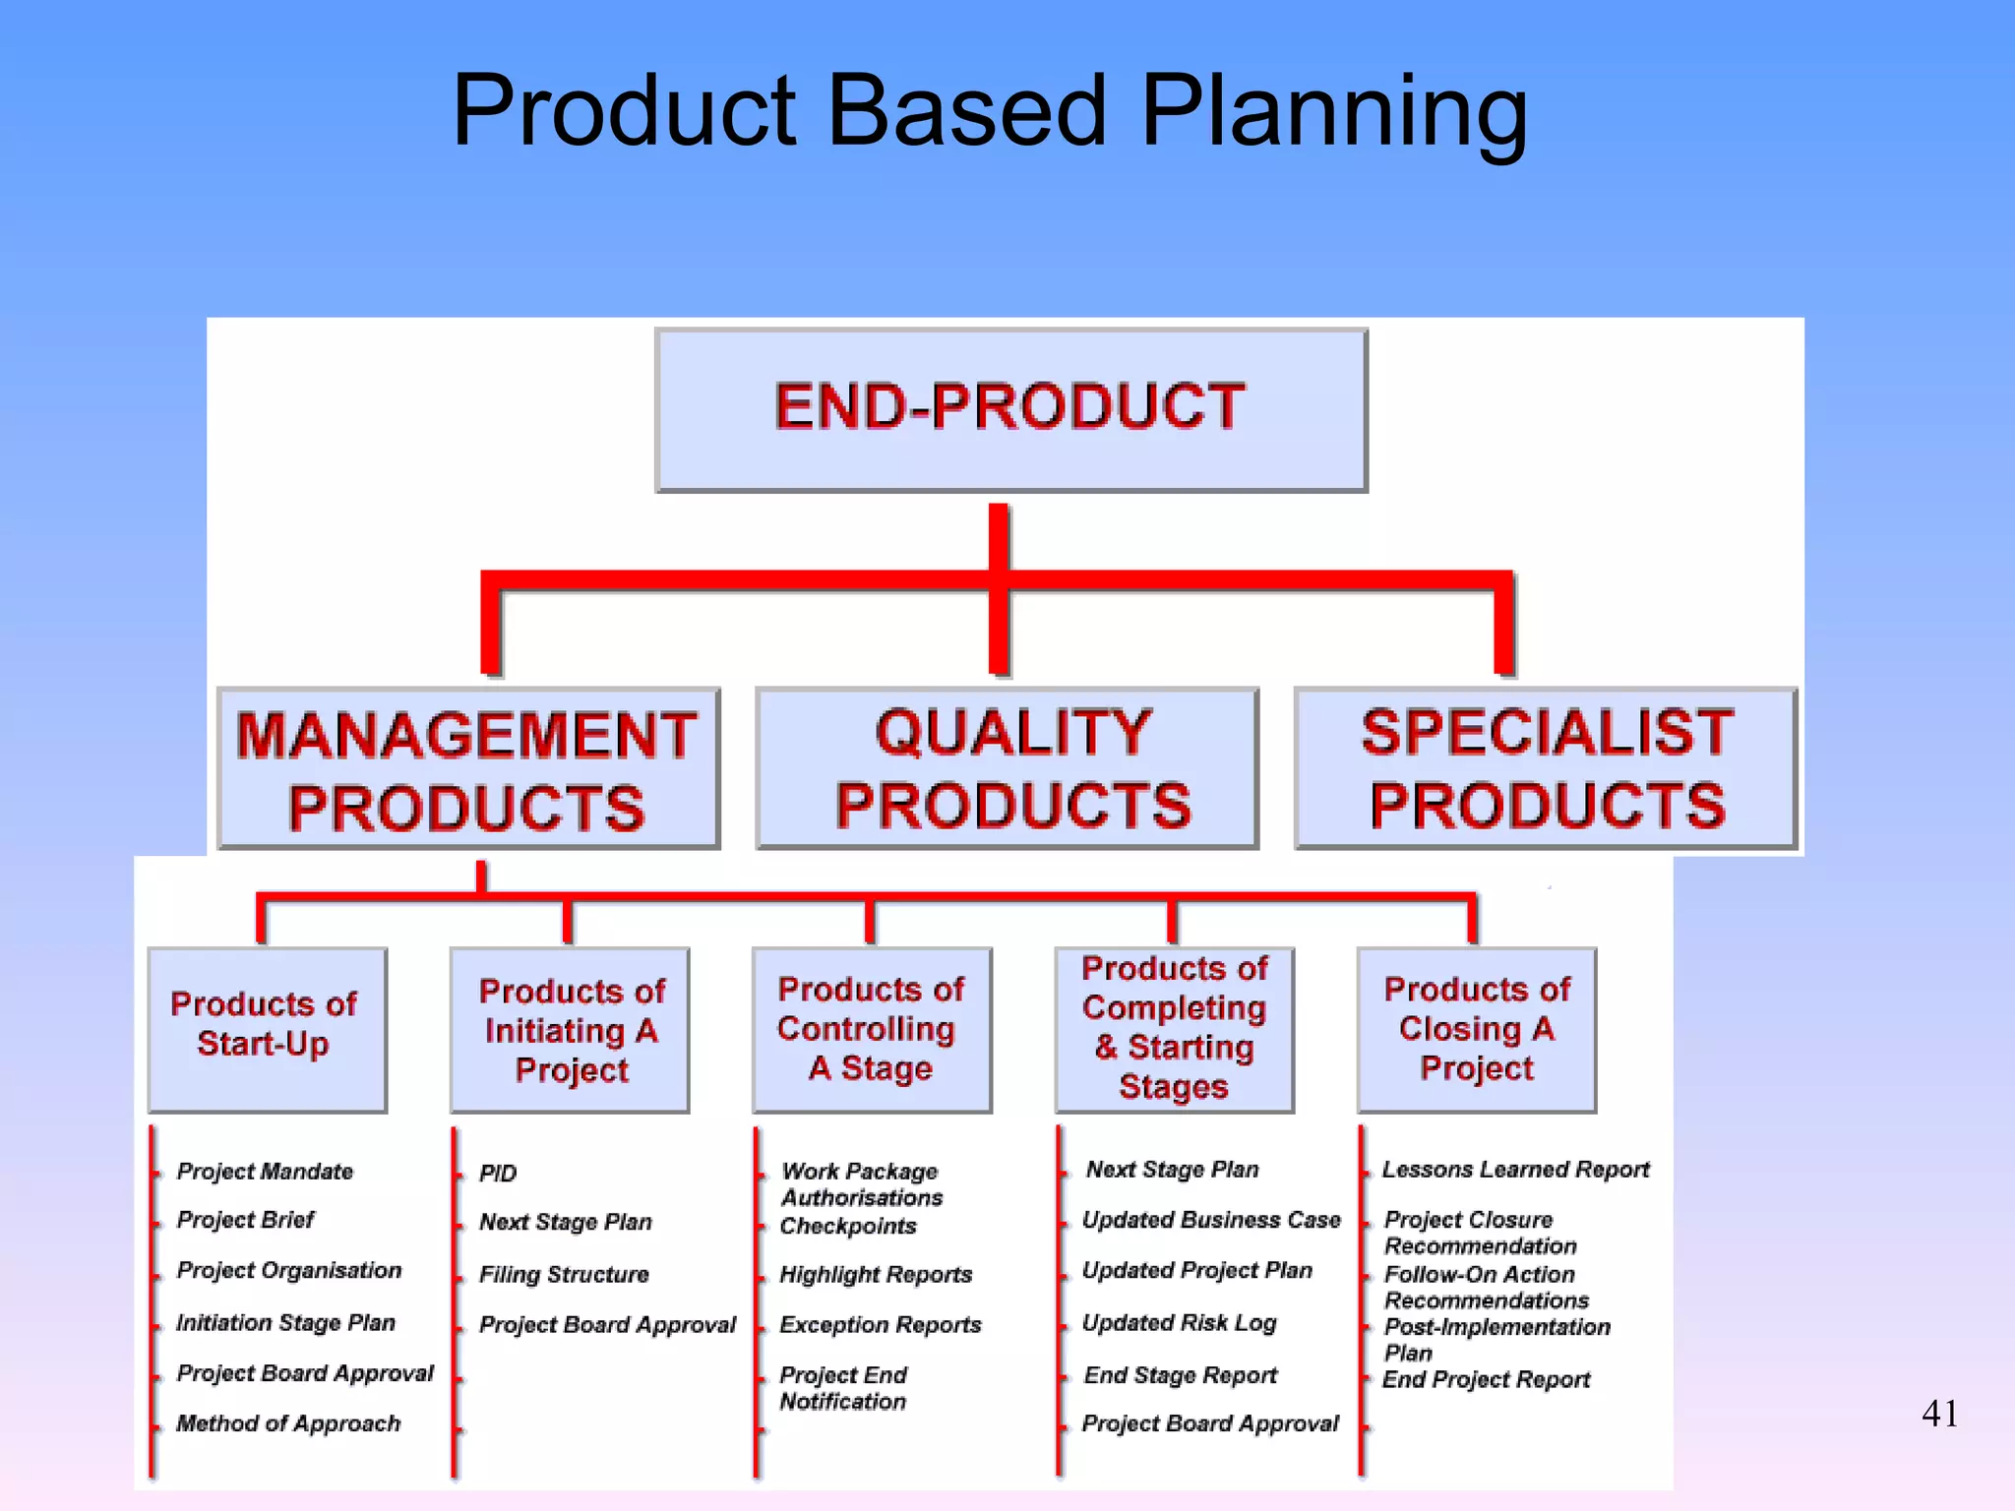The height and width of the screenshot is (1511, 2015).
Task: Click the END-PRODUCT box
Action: tap(1010, 409)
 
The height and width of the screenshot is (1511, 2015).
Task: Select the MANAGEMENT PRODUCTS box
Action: tap(468, 769)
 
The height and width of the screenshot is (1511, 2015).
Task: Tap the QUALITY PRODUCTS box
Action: tap(1007, 768)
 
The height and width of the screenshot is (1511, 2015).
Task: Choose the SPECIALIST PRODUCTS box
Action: tap(1546, 768)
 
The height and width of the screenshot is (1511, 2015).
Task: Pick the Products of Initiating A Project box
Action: tap(570, 1029)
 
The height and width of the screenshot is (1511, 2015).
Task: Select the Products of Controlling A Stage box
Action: tap(872, 1029)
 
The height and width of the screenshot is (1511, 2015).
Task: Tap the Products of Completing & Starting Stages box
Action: tap(1174, 1029)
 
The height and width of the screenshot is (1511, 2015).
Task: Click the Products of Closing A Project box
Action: tap(1476, 1029)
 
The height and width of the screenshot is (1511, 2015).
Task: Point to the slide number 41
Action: tap(1939, 1414)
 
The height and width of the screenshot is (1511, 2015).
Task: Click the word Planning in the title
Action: tap(1333, 110)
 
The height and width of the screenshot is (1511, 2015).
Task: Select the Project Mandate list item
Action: tap(265, 1171)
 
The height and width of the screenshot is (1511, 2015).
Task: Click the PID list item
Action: tap(498, 1173)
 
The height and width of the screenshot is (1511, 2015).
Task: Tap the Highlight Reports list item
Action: tap(876, 1274)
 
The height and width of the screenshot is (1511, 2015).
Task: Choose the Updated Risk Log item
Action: tap(1179, 1322)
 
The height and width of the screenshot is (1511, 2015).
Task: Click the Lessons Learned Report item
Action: tap(1515, 1169)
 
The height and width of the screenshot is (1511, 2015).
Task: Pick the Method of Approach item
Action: tap(288, 1423)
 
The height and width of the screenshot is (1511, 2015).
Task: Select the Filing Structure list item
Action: tap(564, 1274)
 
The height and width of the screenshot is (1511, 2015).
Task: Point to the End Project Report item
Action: tap(1486, 1379)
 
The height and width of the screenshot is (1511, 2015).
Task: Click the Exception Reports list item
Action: tap(881, 1324)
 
